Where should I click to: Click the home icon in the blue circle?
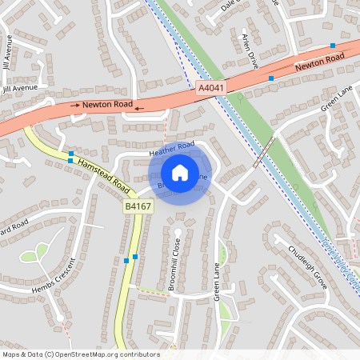(x=180, y=172)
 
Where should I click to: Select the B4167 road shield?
(x=138, y=206)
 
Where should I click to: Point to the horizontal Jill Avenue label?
(x=19, y=88)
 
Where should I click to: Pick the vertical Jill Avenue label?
(x=8, y=51)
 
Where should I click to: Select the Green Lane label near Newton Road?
(x=336, y=101)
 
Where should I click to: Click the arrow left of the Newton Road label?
(x=74, y=106)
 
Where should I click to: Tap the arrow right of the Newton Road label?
(x=139, y=107)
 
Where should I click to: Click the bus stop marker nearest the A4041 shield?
(x=271, y=78)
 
